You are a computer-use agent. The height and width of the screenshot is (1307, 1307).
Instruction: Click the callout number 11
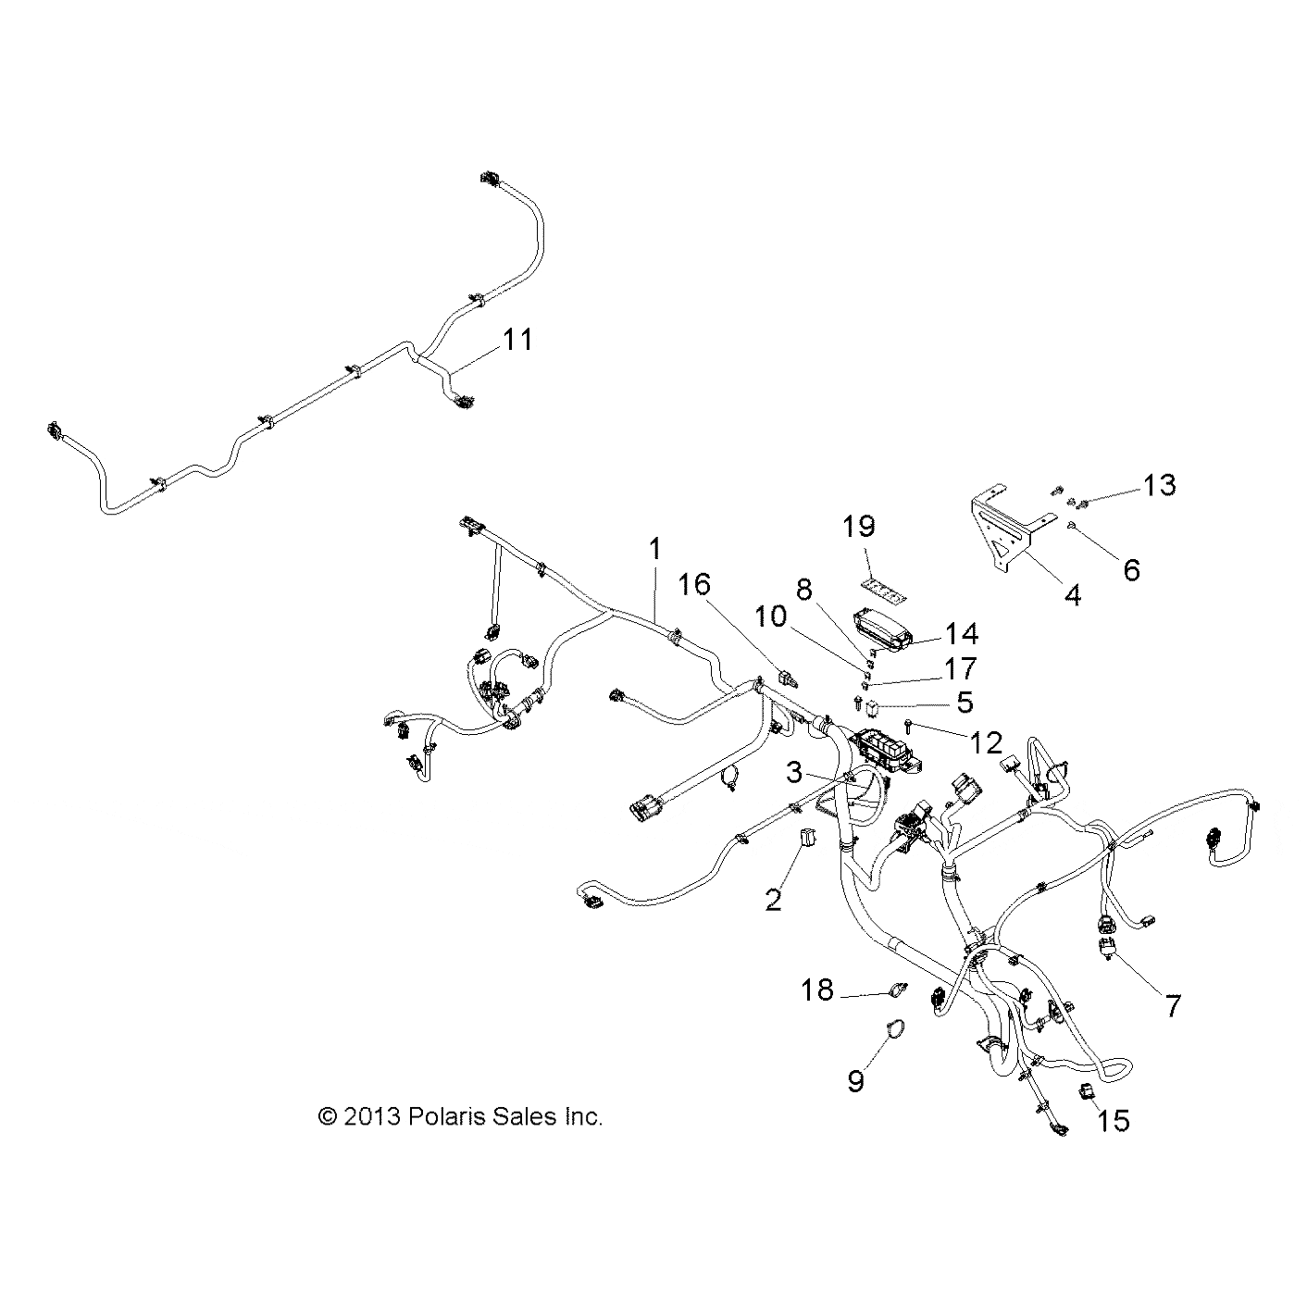click(x=517, y=340)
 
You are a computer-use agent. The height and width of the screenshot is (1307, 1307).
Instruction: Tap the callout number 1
click(x=654, y=549)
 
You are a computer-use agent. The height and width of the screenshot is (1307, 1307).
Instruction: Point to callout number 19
click(x=859, y=527)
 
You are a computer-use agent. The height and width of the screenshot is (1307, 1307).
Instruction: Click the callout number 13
click(x=1159, y=484)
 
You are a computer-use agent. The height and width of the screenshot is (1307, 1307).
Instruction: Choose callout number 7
click(x=1173, y=1005)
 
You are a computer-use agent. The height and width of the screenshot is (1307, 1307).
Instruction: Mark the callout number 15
click(x=1114, y=1121)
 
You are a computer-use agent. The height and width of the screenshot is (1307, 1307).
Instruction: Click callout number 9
click(x=856, y=1079)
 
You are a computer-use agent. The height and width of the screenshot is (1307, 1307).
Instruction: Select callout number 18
click(x=817, y=990)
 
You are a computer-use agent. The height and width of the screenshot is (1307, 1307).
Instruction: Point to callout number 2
click(x=773, y=898)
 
